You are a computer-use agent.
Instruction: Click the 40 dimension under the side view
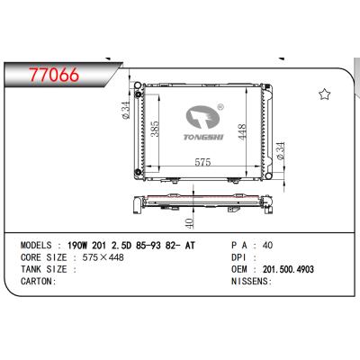click(x=187, y=221)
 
